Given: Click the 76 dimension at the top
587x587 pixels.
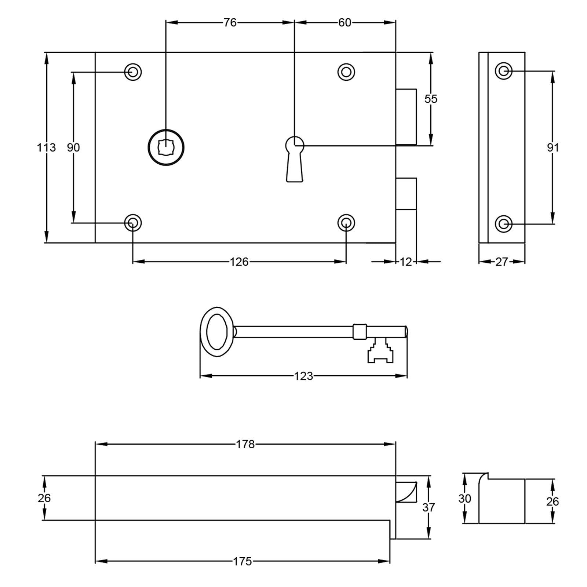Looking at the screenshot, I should [x=230, y=23].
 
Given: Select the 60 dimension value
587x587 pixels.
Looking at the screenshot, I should [x=344, y=23].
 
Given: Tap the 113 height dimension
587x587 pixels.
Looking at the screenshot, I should [x=46, y=147].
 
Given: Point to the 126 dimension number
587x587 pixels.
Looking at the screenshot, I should [x=239, y=262].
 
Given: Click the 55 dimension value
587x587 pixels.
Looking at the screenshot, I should [x=431, y=99].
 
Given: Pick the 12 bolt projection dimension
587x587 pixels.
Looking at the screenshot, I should [x=406, y=262].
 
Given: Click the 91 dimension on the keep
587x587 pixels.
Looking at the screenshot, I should [x=553, y=147].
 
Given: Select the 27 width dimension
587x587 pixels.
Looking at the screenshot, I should [x=502, y=262].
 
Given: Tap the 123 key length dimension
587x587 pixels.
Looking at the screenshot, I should [x=303, y=376].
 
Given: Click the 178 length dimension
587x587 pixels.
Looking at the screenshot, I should [x=245, y=444].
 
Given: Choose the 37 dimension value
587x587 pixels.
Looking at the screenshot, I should [x=428, y=507].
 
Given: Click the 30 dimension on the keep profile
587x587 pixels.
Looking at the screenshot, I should [x=464, y=499].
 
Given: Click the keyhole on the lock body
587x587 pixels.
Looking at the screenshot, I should [x=295, y=154].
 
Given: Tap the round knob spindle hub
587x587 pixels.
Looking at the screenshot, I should [x=166, y=147].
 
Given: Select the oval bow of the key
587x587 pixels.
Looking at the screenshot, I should [x=217, y=332].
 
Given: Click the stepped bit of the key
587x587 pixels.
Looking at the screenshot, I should [x=380, y=351].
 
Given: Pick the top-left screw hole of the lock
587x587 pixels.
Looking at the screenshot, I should [x=133, y=72].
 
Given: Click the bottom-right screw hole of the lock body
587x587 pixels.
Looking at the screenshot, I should [x=346, y=223].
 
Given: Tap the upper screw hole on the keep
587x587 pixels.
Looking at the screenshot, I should [x=504, y=71].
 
